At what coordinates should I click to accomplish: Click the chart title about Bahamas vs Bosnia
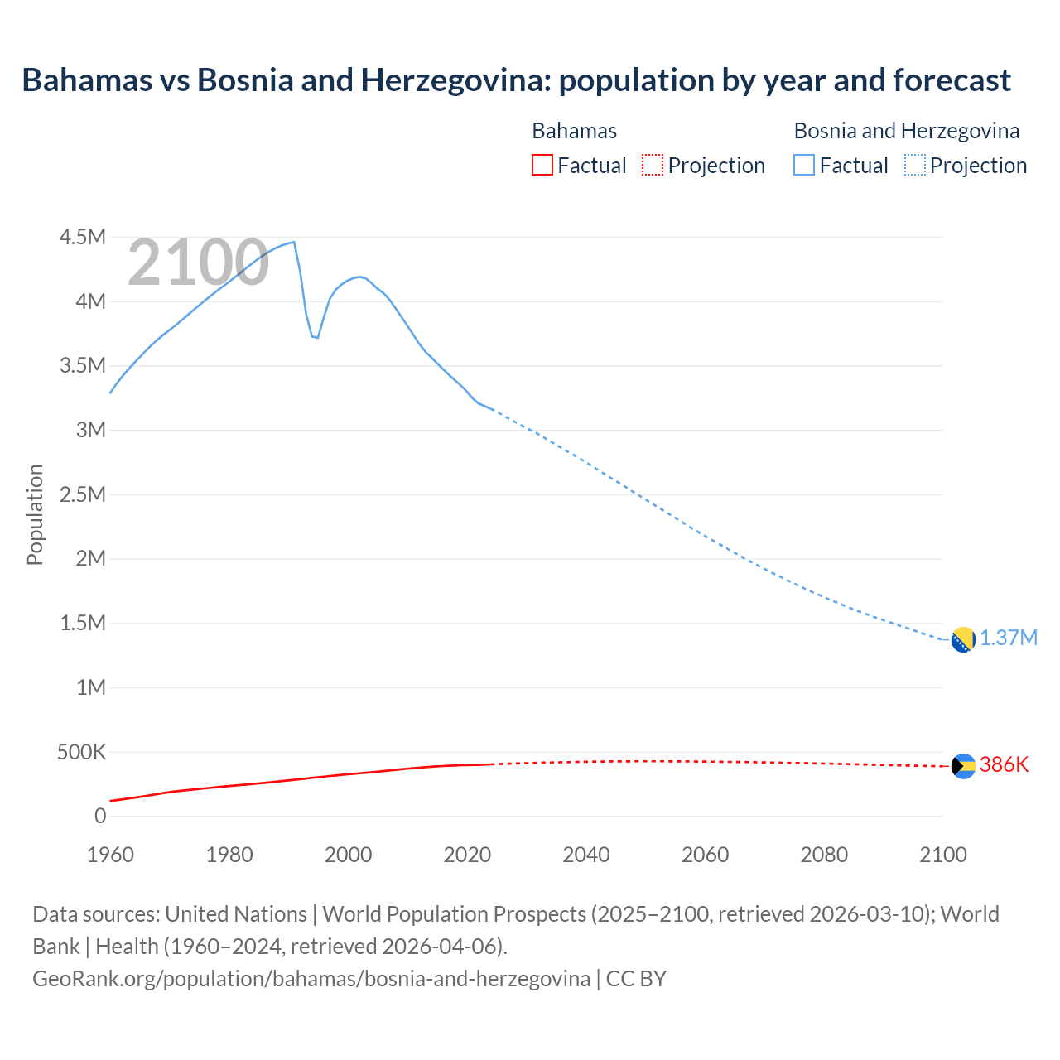pyautogui.click(x=516, y=80)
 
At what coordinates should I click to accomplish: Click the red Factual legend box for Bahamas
pyautogui.click(x=542, y=165)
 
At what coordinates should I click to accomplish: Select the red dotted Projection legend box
pyautogui.click(x=653, y=165)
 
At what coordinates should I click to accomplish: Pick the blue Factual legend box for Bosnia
pyautogui.click(x=804, y=165)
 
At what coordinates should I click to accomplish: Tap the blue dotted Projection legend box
pyautogui.click(x=914, y=165)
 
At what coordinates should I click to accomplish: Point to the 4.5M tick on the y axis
pyautogui.click(x=83, y=238)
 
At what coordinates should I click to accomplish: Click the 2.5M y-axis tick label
pyautogui.click(x=83, y=495)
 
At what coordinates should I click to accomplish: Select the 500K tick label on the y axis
pyautogui.click(x=83, y=752)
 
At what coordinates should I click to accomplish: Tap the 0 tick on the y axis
pyautogui.click(x=100, y=817)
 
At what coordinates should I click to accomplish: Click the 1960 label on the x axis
pyautogui.click(x=110, y=855)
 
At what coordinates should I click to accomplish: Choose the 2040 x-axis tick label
pyautogui.click(x=586, y=855)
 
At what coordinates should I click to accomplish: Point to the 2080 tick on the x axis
pyautogui.click(x=824, y=855)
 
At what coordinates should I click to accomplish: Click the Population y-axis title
pyautogui.click(x=35, y=514)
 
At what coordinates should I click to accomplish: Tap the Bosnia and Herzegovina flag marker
pyautogui.click(x=963, y=639)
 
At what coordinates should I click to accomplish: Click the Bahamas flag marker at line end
pyautogui.click(x=963, y=767)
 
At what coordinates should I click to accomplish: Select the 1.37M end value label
pyautogui.click(x=1009, y=638)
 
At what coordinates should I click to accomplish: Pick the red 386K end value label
pyautogui.click(x=1004, y=765)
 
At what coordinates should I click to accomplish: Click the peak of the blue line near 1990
pyautogui.click(x=294, y=242)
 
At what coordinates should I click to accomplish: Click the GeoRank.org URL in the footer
pyautogui.click(x=311, y=978)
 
